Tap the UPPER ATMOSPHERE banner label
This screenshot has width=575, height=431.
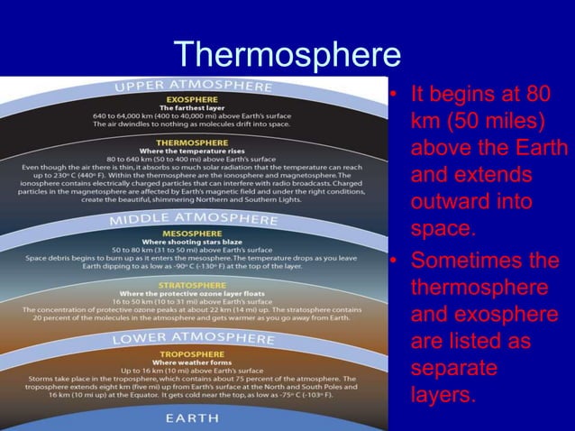click(193, 87)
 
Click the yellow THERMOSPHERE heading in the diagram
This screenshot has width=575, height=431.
click(194, 142)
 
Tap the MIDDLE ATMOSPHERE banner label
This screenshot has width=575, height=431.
click(193, 218)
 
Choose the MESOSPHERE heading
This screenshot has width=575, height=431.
click(194, 231)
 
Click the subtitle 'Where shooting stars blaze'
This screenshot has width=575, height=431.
click(194, 240)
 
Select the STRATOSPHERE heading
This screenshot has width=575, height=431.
click(194, 285)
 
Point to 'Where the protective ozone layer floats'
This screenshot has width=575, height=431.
click(194, 294)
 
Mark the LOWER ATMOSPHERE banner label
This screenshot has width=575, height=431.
click(193, 339)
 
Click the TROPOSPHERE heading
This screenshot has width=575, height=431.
click(194, 353)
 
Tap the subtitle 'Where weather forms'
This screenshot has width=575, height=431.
click(194, 362)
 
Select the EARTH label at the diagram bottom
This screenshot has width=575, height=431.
click(193, 418)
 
